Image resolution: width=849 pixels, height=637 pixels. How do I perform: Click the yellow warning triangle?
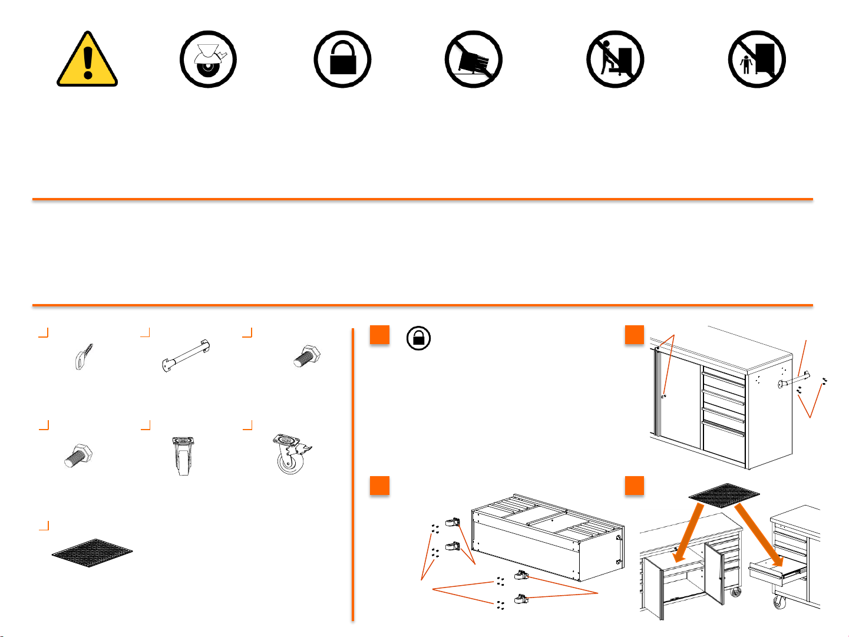coord(87,60)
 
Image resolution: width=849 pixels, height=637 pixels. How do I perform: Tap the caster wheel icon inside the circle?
coord(208,60)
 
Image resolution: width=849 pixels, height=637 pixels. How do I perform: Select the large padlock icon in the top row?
coord(342,60)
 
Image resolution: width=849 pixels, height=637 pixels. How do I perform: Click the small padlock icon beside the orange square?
coord(418,339)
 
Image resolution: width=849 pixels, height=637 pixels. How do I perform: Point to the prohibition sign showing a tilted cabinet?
coord(473,60)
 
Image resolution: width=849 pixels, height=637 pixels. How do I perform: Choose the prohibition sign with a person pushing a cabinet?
coord(615,60)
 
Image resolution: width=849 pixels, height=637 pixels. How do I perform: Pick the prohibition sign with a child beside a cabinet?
coord(756,60)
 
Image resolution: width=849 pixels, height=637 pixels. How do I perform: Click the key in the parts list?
coord(83,356)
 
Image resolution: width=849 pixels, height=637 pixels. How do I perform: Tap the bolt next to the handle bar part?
coord(306,357)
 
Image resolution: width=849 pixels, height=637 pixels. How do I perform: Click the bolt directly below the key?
coord(78,456)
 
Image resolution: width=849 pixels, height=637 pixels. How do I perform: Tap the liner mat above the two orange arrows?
coord(724,495)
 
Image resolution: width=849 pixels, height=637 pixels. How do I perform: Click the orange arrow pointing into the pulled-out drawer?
coord(760,536)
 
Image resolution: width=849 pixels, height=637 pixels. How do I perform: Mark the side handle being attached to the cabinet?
coord(795,379)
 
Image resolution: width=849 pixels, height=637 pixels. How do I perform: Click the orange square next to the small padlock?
coord(380,334)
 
